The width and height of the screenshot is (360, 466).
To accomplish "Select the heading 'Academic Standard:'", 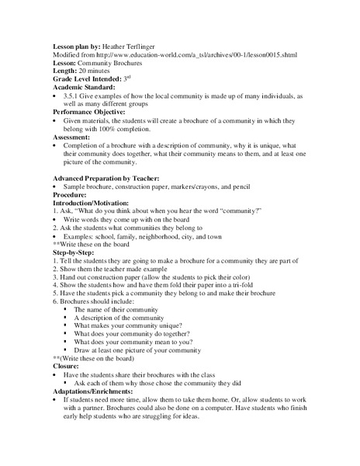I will (x=83, y=87).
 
